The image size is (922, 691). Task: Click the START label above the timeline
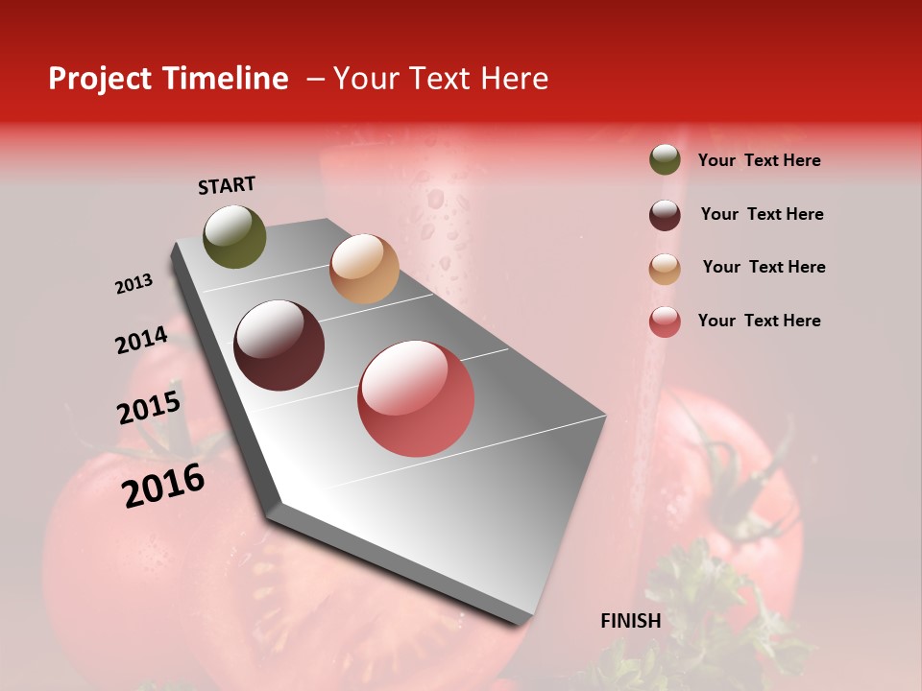[x=227, y=185]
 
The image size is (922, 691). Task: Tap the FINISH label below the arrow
[x=631, y=621]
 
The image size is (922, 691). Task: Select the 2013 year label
[x=133, y=284]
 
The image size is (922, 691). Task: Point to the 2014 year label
[x=141, y=341]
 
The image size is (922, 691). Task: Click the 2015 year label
[x=149, y=408]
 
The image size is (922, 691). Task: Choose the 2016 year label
[x=163, y=486]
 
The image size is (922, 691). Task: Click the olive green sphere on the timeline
[x=234, y=237]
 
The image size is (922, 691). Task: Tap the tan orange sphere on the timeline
[x=364, y=269]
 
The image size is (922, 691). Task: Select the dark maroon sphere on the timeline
[x=279, y=345]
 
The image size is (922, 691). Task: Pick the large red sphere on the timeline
[x=416, y=398]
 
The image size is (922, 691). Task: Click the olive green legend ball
[x=665, y=160]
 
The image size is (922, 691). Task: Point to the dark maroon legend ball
[x=665, y=215]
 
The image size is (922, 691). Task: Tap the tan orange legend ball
[x=665, y=269]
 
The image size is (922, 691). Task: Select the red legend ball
[x=665, y=322]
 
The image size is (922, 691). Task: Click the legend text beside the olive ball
[x=760, y=160]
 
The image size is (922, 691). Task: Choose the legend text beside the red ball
[x=760, y=321]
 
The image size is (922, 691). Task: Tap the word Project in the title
[x=100, y=79]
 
